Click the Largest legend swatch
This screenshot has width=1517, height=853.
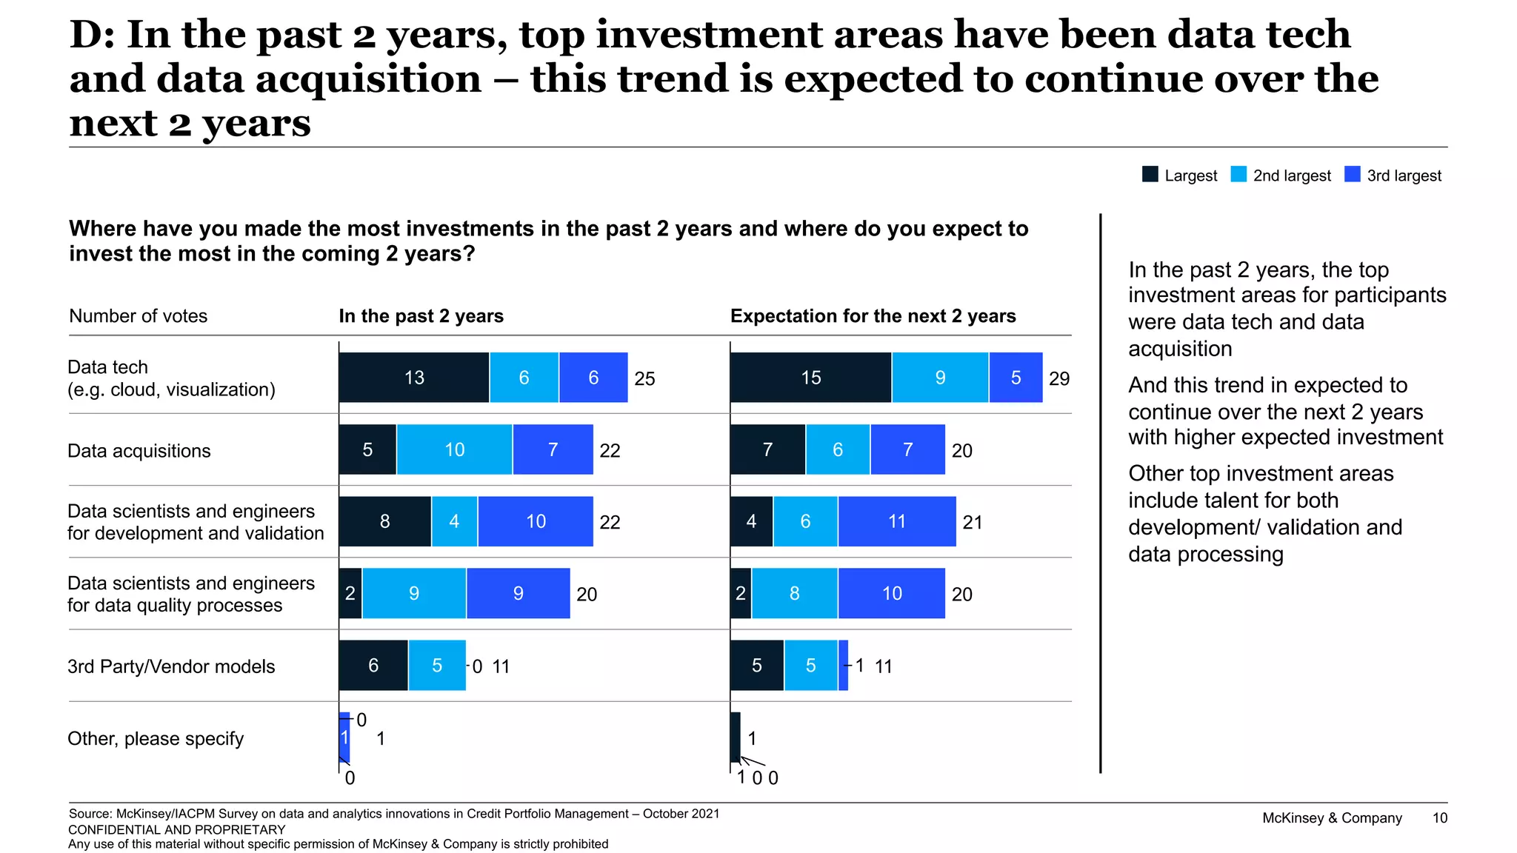1150,175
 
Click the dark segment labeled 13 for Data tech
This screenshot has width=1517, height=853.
414,378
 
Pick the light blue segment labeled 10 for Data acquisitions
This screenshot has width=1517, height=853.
454,449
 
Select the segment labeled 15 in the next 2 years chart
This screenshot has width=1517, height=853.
810,378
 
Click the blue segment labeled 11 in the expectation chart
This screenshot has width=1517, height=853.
896,521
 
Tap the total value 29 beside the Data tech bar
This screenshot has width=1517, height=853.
1059,378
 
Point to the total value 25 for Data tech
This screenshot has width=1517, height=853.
644,378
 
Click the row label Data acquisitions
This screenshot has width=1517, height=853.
139,451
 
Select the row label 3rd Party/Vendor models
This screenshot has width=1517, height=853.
171,666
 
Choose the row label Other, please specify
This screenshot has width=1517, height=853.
156,738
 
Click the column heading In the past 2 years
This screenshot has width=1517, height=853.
421,316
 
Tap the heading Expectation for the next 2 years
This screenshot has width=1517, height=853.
873,316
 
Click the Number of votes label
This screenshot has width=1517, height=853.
139,316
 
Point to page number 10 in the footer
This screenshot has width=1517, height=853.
1439,817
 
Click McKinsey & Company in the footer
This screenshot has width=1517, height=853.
1332,817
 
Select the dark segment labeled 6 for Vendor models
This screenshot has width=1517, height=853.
373,666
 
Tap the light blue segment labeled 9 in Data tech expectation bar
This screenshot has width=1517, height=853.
940,378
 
